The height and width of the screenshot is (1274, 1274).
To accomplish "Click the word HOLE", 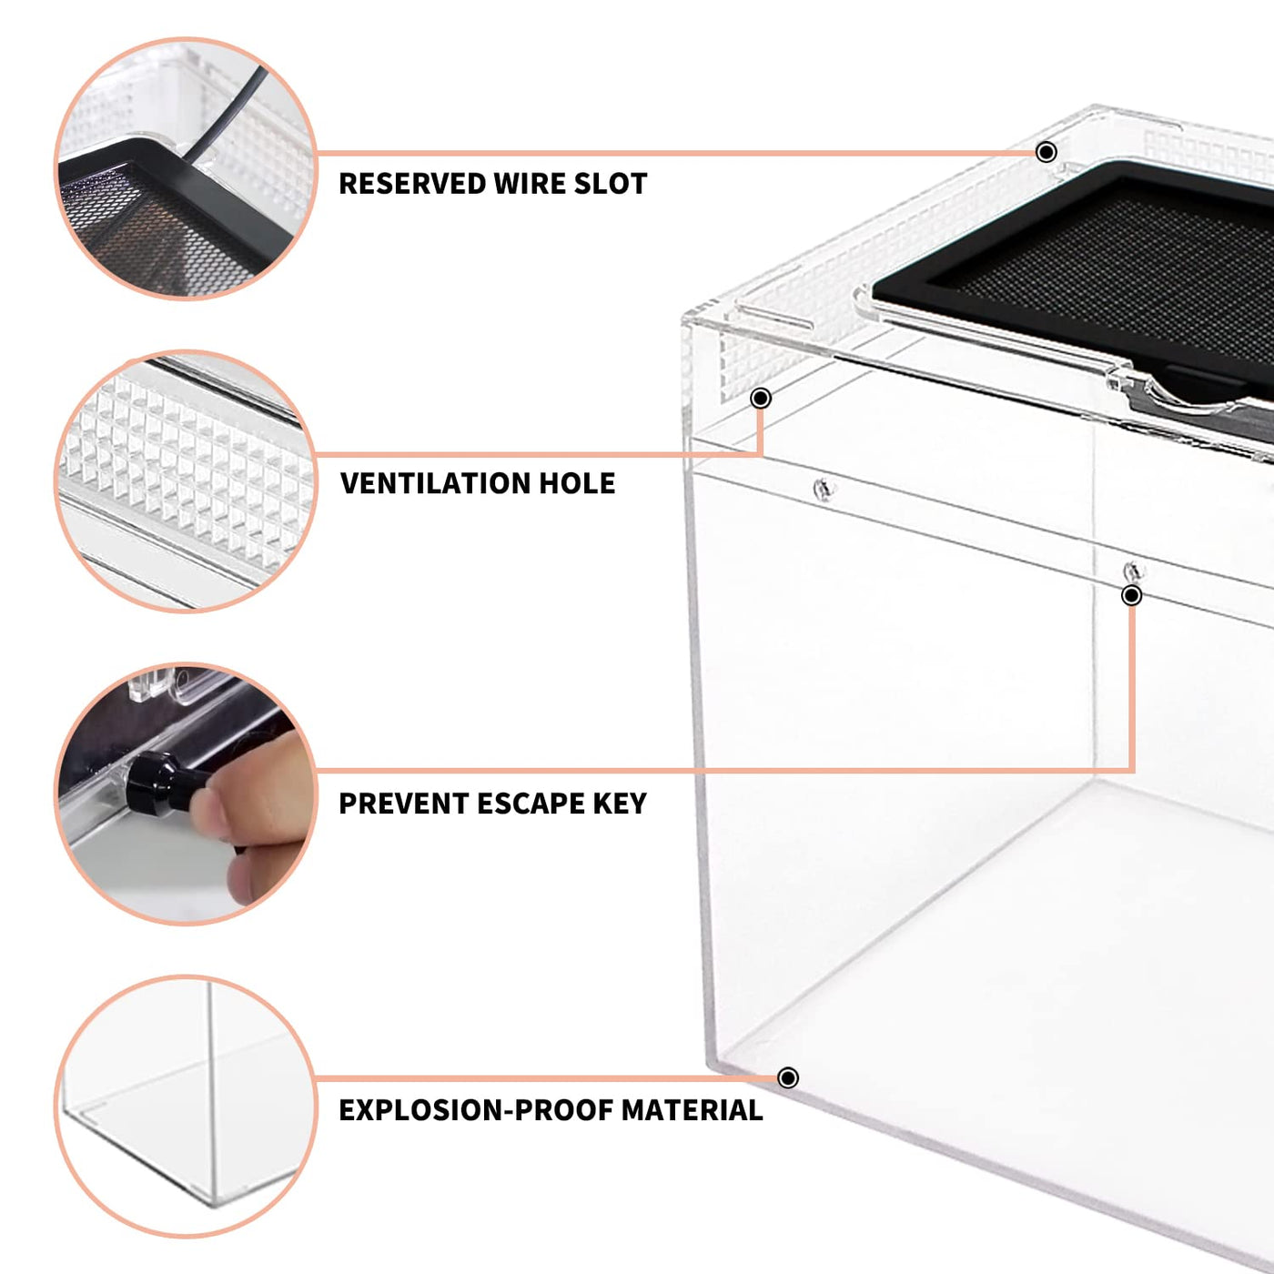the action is [577, 483].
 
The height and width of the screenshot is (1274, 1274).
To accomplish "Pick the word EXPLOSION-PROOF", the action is [475, 1110].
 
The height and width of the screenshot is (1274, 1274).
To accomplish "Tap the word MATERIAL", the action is [693, 1110].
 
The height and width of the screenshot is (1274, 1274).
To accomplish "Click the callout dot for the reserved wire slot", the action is [1046, 153].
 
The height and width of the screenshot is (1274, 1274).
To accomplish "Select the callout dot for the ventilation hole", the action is [761, 398].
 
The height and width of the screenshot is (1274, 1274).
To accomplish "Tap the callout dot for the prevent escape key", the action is [1132, 596].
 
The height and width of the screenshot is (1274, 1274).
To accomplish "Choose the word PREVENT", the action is [403, 804].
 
